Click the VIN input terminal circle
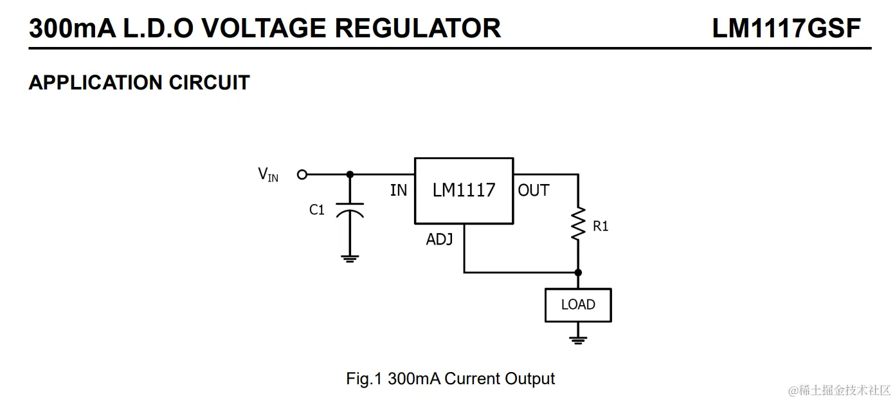click(x=302, y=174)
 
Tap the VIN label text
click(x=268, y=174)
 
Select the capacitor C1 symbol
click(x=350, y=210)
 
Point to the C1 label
click(x=317, y=210)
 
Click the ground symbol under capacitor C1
click(x=350, y=259)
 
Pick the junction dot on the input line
click(x=350, y=174)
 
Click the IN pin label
click(x=399, y=191)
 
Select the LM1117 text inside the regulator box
click(x=464, y=190)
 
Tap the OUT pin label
click(x=534, y=191)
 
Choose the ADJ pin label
click(x=440, y=239)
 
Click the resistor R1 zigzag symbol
click(x=578, y=223)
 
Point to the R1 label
click(x=601, y=227)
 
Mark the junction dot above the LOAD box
click(x=578, y=273)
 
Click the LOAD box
click(x=578, y=305)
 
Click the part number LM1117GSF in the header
click(x=786, y=28)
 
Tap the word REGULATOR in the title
click(x=417, y=28)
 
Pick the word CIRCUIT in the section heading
click(x=210, y=82)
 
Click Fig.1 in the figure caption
click(x=364, y=378)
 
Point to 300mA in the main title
click(x=72, y=28)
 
